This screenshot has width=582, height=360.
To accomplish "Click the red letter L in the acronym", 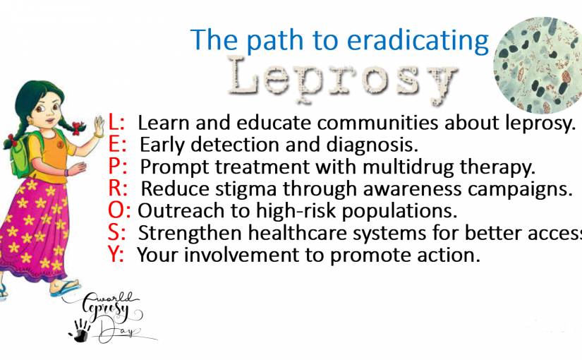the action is pos(114,122).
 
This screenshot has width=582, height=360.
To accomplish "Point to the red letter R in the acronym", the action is pos(115,188).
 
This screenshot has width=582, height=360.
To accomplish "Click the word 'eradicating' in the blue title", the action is pos(418,40).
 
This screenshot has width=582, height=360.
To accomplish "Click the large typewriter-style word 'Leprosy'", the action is pos(342,79).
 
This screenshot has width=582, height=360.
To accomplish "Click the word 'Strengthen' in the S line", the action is pos(190,234).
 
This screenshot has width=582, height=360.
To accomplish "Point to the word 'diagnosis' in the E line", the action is pos(372,145).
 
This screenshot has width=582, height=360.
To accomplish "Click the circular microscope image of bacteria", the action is pos(538,65).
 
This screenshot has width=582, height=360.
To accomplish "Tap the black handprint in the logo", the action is pos(80,330).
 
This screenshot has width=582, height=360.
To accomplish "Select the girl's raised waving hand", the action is pos(99,126).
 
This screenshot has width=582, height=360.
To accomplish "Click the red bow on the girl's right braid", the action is pos(77,128).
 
